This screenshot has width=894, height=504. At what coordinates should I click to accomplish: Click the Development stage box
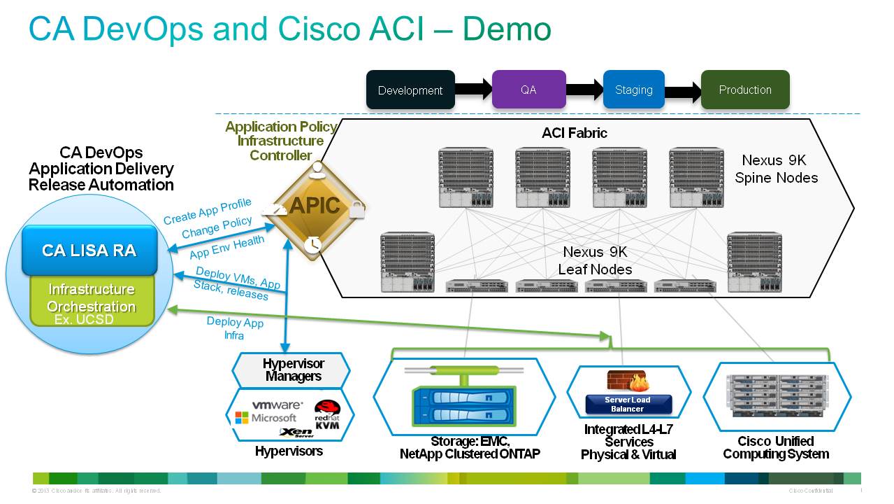[x=410, y=90]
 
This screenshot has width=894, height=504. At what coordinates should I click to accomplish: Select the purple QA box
[x=528, y=90]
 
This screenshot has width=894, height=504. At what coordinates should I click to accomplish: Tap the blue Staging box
[x=633, y=90]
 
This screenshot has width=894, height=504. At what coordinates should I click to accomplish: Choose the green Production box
[x=745, y=90]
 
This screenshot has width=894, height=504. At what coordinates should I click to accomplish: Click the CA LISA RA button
[x=89, y=251]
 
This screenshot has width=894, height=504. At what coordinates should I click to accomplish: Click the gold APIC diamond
[x=315, y=206]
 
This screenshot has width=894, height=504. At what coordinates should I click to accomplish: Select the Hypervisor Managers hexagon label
[x=293, y=370]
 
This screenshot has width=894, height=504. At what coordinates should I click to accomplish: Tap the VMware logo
[x=277, y=405]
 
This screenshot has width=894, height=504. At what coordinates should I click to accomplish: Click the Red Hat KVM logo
[x=326, y=414]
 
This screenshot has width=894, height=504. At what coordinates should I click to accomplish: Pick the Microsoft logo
[x=266, y=418]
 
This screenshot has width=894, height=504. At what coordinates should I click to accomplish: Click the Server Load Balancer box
[x=627, y=404]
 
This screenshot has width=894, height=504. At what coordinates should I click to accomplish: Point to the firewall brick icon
[x=627, y=381]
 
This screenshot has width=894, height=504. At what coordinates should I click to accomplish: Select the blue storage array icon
[x=462, y=404]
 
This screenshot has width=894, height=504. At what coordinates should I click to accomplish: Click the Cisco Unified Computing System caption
[x=775, y=447]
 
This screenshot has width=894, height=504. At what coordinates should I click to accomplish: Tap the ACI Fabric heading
[x=575, y=133]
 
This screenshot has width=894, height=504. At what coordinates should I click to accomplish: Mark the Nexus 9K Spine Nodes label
[x=776, y=169]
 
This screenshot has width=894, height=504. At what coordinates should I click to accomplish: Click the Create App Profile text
[x=207, y=211]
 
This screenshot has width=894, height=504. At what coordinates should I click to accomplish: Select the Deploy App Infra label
[x=235, y=328]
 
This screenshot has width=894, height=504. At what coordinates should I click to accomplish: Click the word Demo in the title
[x=507, y=29]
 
